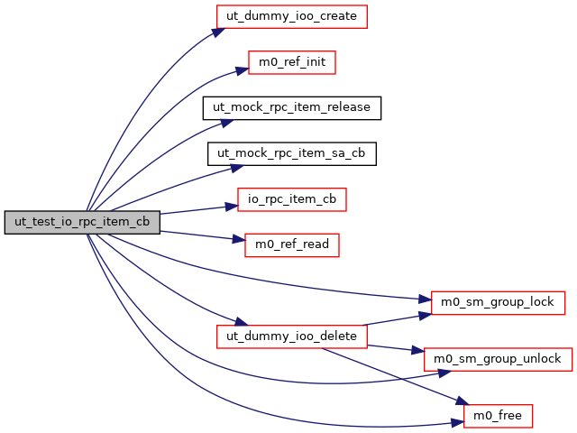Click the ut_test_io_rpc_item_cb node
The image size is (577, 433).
81,222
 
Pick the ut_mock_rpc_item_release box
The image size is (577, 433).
291,107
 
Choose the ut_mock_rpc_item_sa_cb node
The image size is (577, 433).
291,153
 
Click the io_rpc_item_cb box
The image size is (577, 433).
291,199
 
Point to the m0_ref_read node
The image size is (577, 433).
291,244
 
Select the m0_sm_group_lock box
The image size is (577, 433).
498,302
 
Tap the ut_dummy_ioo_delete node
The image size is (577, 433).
291,336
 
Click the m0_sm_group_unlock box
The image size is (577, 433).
498,359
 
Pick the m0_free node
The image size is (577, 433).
498,416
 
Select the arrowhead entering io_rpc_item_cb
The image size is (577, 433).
231,207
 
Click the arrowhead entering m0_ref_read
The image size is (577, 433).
239,240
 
